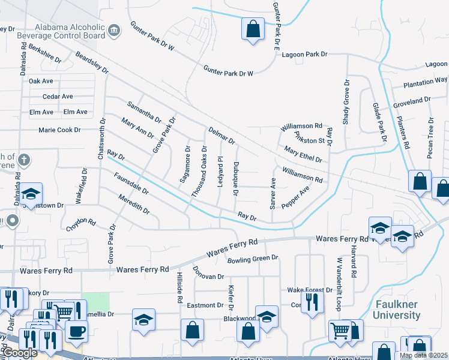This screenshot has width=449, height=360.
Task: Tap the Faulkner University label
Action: click(x=397, y=310)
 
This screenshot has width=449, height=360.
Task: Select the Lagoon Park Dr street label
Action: click(x=305, y=55)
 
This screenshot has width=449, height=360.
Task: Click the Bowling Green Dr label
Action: click(x=253, y=259)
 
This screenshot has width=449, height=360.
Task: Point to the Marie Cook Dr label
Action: click(x=59, y=130)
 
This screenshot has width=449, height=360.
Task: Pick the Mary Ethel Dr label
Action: click(x=303, y=155)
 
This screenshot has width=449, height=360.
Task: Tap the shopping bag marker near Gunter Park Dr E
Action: click(x=253, y=28)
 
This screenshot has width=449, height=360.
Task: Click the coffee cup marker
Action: click(x=76, y=331)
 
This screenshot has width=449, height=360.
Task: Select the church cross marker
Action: click(x=23, y=160)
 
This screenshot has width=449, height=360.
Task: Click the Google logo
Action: click(x=19, y=353)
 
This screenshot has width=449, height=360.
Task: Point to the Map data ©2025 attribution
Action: click(x=423, y=356)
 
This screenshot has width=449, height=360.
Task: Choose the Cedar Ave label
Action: click(x=58, y=97)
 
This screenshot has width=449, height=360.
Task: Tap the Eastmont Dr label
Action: click(x=205, y=305)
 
